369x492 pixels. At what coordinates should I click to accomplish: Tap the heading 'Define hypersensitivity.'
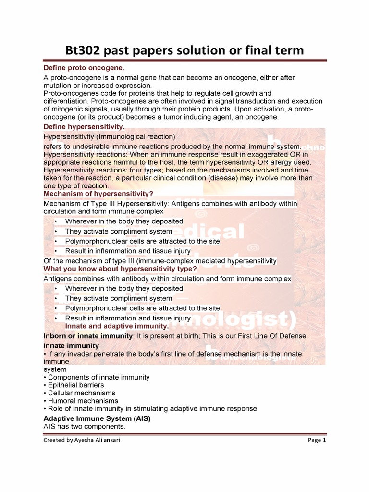point(84,127)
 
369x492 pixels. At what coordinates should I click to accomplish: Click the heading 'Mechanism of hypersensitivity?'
point(98,194)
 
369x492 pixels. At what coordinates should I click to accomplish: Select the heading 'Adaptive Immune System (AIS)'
point(97,419)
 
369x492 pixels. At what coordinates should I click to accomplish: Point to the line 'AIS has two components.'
point(84,427)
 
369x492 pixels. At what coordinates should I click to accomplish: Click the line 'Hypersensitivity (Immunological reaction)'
point(110,137)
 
